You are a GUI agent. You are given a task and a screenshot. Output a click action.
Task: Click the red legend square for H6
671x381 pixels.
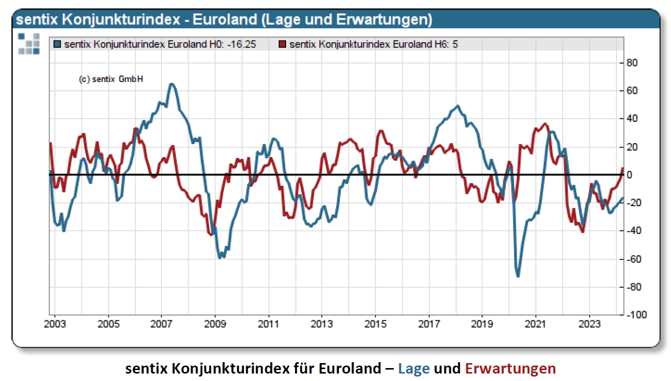(283, 44)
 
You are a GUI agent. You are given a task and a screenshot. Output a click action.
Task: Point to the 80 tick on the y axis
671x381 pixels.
(631, 63)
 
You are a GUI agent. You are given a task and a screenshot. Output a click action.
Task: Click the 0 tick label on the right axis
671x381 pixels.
(629, 175)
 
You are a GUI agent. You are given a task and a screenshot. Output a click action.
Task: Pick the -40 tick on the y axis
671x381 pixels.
(632, 231)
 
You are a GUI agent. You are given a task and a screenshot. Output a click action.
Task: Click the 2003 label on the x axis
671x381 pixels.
(55, 324)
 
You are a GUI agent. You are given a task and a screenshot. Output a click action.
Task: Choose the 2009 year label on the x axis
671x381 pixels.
(215, 324)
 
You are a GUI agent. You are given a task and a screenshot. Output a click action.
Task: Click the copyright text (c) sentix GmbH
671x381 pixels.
(111, 79)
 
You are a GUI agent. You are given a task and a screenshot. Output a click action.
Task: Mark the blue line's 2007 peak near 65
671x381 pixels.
(171, 84)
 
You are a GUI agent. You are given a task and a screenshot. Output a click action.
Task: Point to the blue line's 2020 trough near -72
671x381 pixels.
(518, 276)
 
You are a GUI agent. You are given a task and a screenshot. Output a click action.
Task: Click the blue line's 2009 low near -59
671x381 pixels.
(221, 257)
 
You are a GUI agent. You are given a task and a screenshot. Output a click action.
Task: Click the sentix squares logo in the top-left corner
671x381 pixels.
(28, 43)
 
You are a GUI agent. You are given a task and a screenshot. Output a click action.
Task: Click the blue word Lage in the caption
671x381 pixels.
(414, 369)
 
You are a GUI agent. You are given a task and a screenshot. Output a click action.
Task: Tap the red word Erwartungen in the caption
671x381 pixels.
(510, 369)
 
